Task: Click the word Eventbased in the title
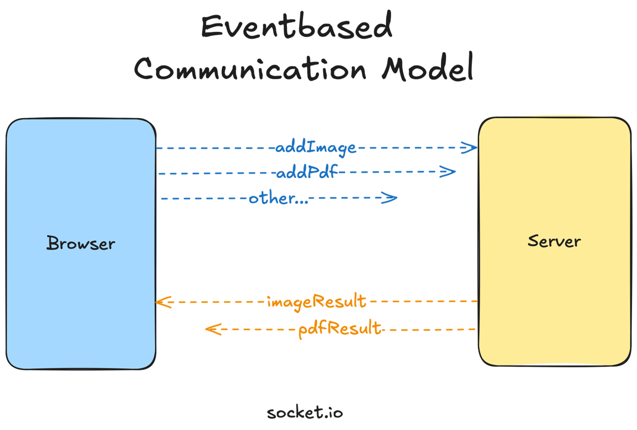[296, 27]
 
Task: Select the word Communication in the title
[250, 69]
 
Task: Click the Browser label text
[81, 244]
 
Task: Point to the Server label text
[554, 241]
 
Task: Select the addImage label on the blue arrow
[316, 148]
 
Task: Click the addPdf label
[307, 172]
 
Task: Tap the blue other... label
[278, 198]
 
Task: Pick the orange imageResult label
[317, 302]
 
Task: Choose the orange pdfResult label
[340, 328]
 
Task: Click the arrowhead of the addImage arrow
[469, 148]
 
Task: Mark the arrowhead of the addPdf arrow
[448, 172]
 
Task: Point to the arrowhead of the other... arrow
[390, 198]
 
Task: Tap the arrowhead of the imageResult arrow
[162, 302]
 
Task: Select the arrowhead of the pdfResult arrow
[212, 329]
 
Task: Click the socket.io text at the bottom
[305, 413]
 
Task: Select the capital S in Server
[534, 241]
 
